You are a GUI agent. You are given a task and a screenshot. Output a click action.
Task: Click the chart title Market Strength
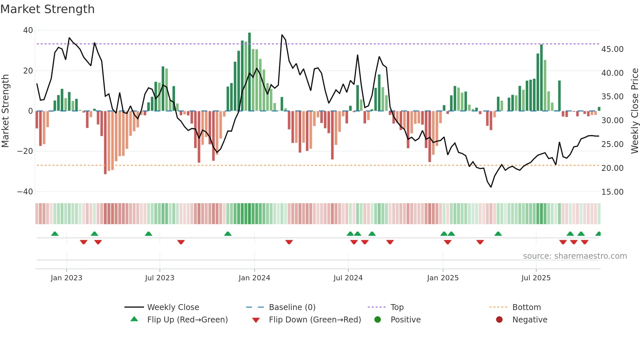[x=47, y=9]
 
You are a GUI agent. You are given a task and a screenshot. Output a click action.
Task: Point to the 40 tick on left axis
[x=28, y=30]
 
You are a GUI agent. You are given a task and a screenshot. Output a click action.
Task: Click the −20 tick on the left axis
[x=25, y=151]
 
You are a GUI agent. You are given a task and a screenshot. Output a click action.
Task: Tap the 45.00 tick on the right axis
[x=612, y=49]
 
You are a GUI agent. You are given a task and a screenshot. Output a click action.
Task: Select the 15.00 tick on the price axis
[x=612, y=192]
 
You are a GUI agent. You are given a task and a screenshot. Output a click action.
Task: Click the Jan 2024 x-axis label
[x=254, y=278]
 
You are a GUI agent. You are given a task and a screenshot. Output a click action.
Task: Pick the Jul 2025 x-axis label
[x=536, y=278]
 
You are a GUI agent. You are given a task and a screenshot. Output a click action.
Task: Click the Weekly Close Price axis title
[x=634, y=111]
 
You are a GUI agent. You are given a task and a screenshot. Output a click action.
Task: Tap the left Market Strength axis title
[x=6, y=111]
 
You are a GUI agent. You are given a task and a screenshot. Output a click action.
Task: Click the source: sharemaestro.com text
[x=575, y=256]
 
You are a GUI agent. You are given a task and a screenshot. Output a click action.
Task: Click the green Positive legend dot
[x=378, y=320]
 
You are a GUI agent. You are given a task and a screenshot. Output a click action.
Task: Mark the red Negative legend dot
[x=499, y=320]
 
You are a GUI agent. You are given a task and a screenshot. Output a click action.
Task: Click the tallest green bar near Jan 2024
[x=249, y=72]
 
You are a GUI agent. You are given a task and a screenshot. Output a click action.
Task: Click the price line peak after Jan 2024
[x=282, y=35]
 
